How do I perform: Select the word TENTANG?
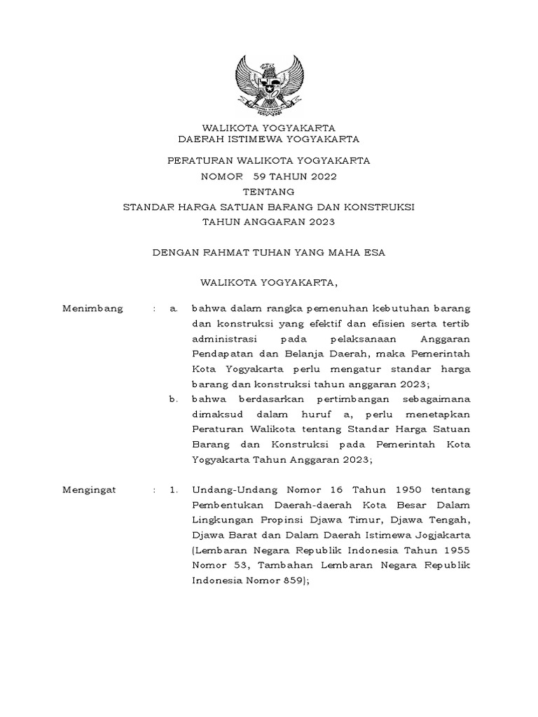coord(269,192)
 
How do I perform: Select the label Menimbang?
coord(92,308)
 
